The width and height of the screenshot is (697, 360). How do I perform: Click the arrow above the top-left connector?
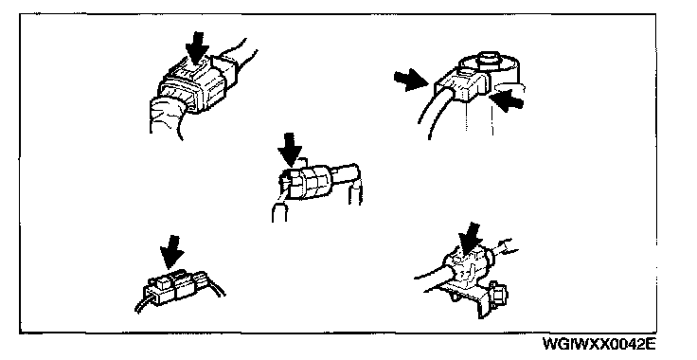(196, 47)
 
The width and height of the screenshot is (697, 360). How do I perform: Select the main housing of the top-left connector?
(196, 86)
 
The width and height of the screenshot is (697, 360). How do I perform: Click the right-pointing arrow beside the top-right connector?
(411, 80)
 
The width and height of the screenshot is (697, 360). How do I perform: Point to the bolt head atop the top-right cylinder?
(488, 60)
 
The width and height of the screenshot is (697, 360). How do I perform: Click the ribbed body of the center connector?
(307, 182)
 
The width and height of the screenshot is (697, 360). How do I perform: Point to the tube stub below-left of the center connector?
(279, 212)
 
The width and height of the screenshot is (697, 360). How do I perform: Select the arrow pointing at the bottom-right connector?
(471, 241)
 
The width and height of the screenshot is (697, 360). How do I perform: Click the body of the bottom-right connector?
(467, 268)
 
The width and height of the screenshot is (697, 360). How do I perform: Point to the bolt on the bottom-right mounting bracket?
(499, 295)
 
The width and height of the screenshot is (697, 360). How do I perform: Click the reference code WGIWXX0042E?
(599, 344)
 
